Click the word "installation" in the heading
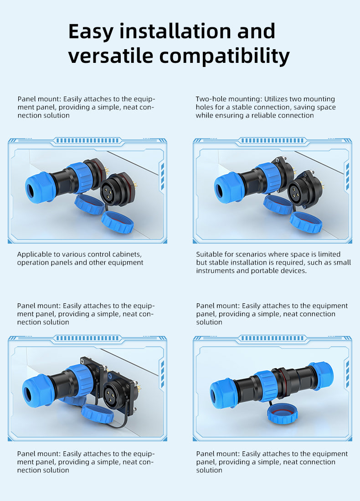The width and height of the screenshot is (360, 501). point(175,31)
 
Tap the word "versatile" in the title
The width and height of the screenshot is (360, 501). point(111,56)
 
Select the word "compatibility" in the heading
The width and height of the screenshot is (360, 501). point(225,56)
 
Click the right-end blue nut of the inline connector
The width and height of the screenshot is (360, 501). point(321,376)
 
